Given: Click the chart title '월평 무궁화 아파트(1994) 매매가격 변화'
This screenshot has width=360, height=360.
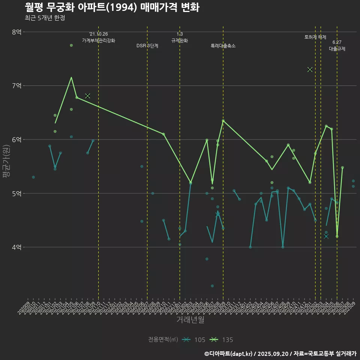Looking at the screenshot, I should (x=112, y=7).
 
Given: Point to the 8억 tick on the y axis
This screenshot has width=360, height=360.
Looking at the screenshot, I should (x=16, y=32).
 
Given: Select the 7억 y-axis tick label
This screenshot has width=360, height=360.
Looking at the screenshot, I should (x=16, y=86).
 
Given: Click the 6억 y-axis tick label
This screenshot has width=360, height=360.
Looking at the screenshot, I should (x=16, y=139).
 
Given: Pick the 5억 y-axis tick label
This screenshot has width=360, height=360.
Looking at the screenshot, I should (x=16, y=193).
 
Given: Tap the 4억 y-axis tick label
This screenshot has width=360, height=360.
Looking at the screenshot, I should (x=16, y=247).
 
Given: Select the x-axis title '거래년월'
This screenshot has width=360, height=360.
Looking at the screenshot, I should (x=190, y=320).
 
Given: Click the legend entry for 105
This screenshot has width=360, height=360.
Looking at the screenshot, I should (x=193, y=340).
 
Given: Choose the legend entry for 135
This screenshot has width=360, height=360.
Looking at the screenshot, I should (x=222, y=340).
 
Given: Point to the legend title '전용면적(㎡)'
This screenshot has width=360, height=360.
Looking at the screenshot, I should (x=163, y=340).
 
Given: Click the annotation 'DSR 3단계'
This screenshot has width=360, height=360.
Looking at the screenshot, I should (x=147, y=46).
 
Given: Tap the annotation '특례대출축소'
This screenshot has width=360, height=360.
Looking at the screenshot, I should (x=223, y=46).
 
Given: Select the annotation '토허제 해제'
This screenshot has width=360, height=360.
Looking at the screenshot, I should (x=315, y=37).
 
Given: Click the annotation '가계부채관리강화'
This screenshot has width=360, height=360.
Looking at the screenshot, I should (x=99, y=40).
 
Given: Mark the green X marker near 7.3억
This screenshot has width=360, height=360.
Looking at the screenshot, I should (x=310, y=69).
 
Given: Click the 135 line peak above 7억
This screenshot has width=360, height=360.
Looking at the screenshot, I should (x=71, y=78).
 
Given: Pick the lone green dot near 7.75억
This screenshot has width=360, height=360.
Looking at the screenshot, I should (x=71, y=45).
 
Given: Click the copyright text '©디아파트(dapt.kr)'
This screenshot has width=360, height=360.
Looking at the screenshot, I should (x=229, y=354).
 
